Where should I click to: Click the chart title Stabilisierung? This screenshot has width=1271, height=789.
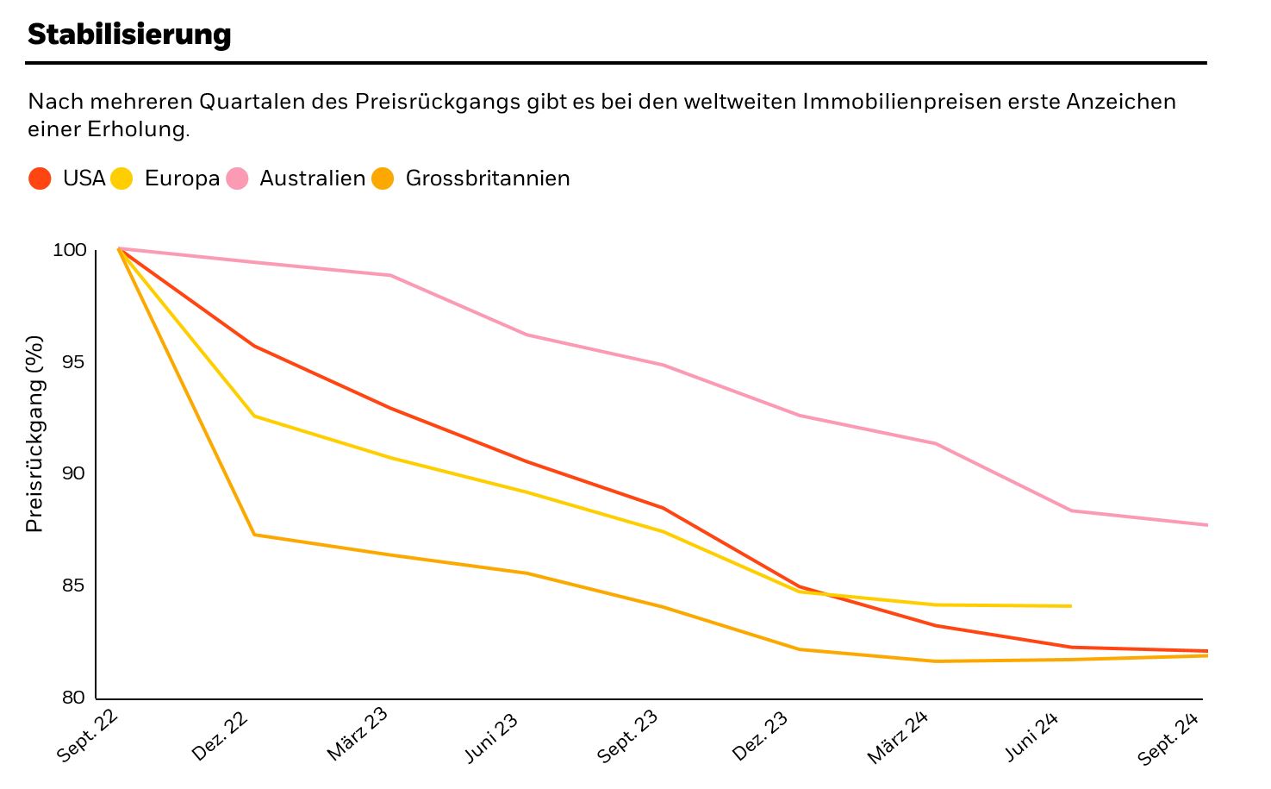click(129, 34)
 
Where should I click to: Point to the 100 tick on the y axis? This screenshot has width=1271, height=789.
click(70, 250)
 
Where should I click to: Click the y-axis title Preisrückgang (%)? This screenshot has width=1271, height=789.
click(34, 434)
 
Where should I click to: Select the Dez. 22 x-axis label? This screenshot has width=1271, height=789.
click(221, 736)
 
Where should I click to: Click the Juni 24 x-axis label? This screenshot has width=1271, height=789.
click(1031, 738)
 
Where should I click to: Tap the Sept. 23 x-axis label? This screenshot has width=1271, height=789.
click(627, 736)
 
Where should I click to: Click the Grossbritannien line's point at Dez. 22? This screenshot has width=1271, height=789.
click(254, 535)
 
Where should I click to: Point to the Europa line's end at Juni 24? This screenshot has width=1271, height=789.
click(1070, 606)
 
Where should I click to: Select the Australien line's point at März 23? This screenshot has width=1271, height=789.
click(390, 275)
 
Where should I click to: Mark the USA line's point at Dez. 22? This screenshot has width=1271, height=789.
click(254, 346)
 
